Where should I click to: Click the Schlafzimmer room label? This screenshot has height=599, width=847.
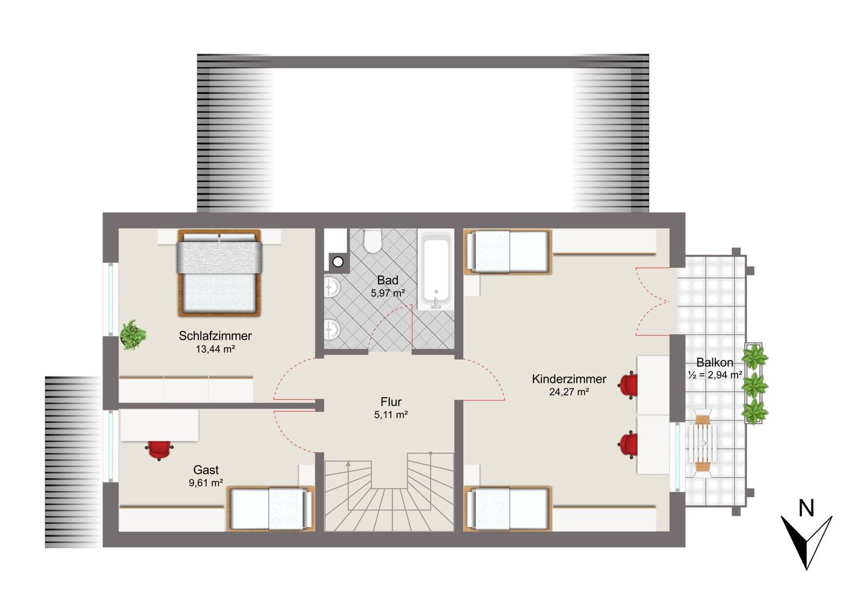pyautogui.click(x=215, y=336)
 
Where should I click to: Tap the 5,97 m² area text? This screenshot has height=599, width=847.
pyautogui.click(x=388, y=293)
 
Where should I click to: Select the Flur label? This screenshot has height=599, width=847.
pyautogui.click(x=391, y=402)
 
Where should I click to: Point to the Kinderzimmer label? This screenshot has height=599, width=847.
pyautogui.click(x=568, y=379)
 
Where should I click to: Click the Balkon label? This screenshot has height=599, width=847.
pyautogui.click(x=715, y=362)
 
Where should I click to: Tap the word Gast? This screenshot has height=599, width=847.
pyautogui.click(x=206, y=470)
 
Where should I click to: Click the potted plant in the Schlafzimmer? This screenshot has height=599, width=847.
pyautogui.click(x=133, y=335)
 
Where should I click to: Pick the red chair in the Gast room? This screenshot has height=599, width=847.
pyautogui.click(x=159, y=449)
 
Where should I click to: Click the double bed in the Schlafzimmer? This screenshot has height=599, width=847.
pyautogui.click(x=219, y=272)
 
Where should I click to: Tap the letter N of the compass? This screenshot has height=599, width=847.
pyautogui.click(x=806, y=509)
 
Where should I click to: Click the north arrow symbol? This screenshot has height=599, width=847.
pyautogui.click(x=806, y=541)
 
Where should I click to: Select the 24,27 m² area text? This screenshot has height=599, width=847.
pyautogui.click(x=568, y=392)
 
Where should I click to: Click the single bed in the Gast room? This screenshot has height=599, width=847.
pyautogui.click(x=271, y=508)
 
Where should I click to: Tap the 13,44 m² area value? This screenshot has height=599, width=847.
pyautogui.click(x=215, y=349)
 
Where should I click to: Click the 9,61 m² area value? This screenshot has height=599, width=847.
pyautogui.click(x=206, y=483)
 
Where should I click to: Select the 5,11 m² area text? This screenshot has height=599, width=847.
pyautogui.click(x=391, y=415)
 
